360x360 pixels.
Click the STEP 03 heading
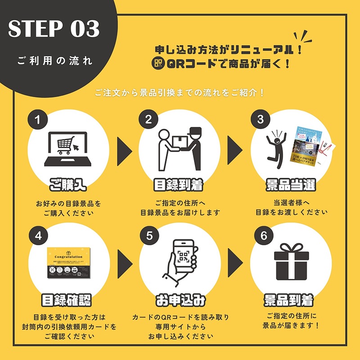pyautogui.click(x=54, y=29)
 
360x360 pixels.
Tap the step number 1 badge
pyautogui.click(x=38, y=119)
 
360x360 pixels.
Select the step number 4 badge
pyautogui.click(x=38, y=234)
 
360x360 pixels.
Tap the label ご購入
pyautogui.click(x=68, y=184)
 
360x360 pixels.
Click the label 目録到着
pyautogui.click(x=180, y=184)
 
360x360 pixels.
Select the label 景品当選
pyautogui.click(x=291, y=184)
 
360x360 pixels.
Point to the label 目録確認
pyautogui.click(x=68, y=300)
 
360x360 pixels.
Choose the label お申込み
pyautogui.click(x=180, y=300)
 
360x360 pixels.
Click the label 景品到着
pyautogui.click(x=291, y=300)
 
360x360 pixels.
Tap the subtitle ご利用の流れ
pyautogui.click(x=55, y=61)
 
